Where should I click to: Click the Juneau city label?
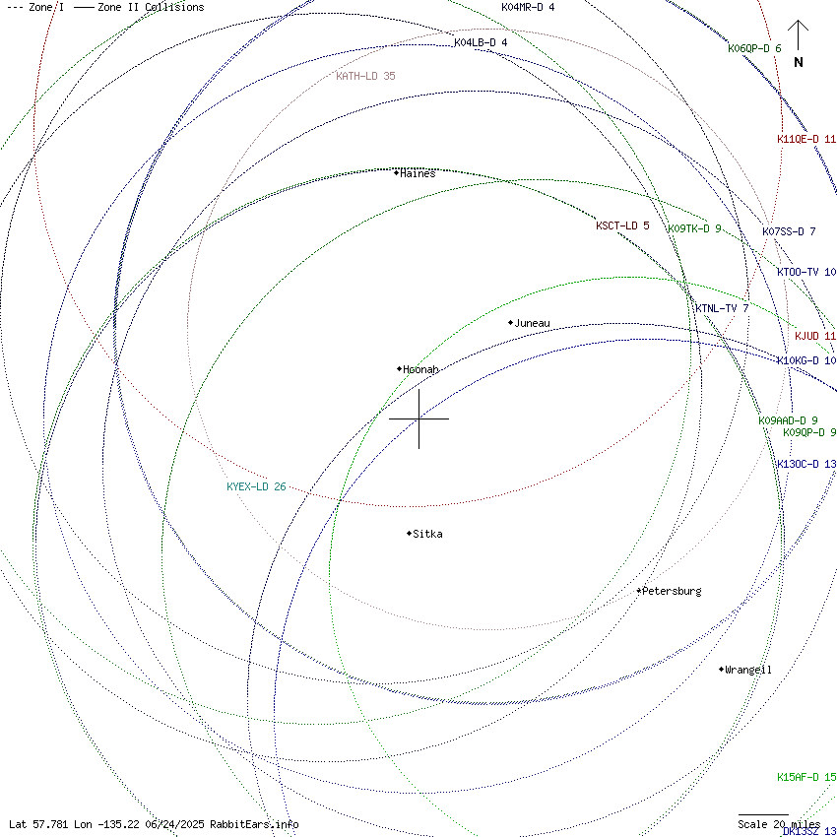pyautogui.click(x=532, y=323)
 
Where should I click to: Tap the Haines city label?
pyautogui.click(x=418, y=173)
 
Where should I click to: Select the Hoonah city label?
pyautogui.click(x=420, y=369)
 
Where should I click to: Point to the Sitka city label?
pyautogui.click(x=427, y=534)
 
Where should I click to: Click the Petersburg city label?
pyautogui.click(x=672, y=591)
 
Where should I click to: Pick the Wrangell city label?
pyautogui.click(x=748, y=670)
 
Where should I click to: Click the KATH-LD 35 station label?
pyautogui.click(x=365, y=76)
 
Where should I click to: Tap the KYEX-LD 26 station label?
pyautogui.click(x=256, y=486)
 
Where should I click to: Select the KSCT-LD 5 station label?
pyautogui.click(x=622, y=225)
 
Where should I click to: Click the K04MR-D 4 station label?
pyautogui.click(x=528, y=7)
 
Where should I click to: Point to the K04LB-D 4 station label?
pyautogui.click(x=481, y=42)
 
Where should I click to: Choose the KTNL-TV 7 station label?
pyautogui.click(x=722, y=308)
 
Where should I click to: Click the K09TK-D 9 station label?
pyautogui.click(x=694, y=228)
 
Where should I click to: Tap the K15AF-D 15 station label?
pyautogui.click(x=806, y=777)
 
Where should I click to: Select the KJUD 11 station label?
pyautogui.click(x=815, y=336)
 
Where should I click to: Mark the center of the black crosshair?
pyautogui.click(x=419, y=418)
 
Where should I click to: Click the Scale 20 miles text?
pyautogui.click(x=779, y=824)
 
